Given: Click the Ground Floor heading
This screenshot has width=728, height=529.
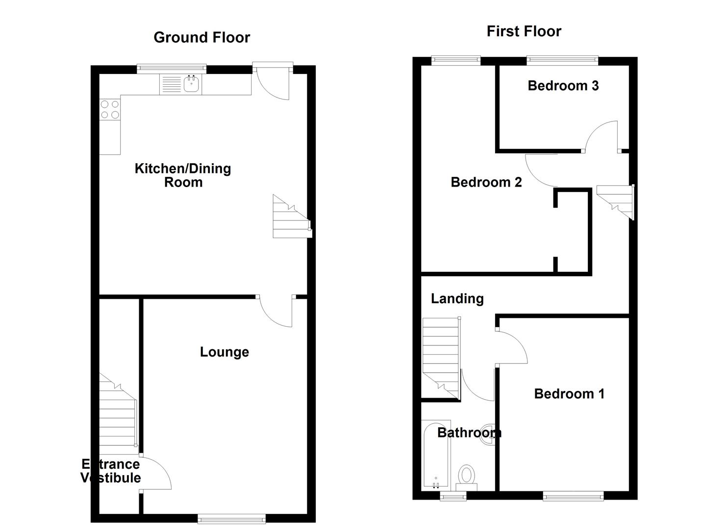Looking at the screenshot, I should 201,38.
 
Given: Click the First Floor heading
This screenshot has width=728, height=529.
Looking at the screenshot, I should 524,32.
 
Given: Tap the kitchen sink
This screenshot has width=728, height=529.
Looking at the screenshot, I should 191,85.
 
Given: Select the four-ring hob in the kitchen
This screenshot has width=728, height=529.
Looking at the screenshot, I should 110,109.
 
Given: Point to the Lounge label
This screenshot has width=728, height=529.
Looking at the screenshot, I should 224,352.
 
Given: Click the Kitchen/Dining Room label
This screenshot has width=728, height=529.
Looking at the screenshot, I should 183,175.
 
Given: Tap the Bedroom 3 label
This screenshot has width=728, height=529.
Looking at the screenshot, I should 563,86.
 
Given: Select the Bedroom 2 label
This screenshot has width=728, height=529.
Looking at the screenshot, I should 486,182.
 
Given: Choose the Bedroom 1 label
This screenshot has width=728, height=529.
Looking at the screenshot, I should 569,394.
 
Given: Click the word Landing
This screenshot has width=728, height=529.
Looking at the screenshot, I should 457,299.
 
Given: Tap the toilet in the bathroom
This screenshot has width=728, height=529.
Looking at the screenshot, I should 467,476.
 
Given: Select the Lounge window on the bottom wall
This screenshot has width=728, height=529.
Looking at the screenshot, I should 231,518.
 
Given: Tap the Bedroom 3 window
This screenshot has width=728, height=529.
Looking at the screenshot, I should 562,61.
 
